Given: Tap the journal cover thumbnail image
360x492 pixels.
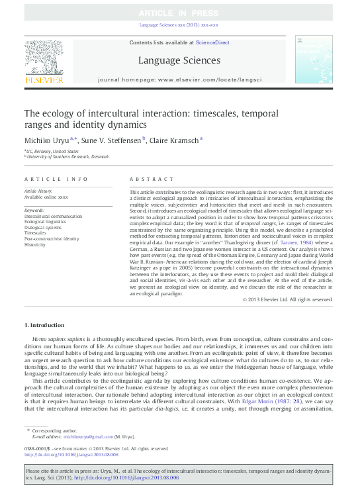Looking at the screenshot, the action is coord(315,61).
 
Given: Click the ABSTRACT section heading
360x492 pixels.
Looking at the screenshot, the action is coord(143,179).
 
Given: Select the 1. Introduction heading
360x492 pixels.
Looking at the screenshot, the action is coord(44,325).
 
